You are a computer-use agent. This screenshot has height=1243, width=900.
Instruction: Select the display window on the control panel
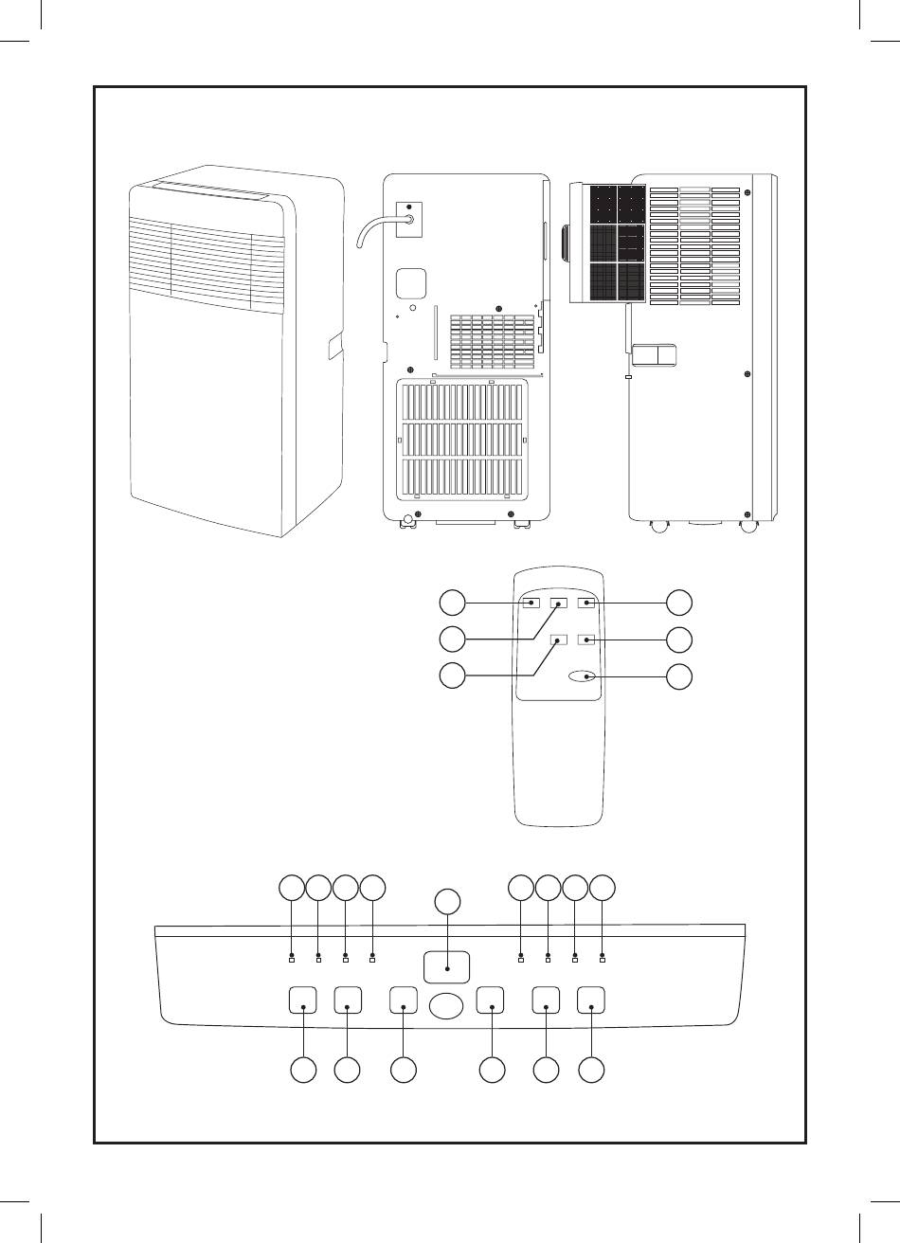point(446,966)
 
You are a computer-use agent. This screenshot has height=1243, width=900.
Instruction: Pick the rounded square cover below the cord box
point(410,281)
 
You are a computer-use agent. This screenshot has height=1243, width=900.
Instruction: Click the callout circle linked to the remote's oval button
point(679,676)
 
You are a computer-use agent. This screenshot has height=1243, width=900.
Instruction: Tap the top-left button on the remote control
point(533,603)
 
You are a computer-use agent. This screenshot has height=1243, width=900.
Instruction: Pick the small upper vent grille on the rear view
point(486,341)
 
